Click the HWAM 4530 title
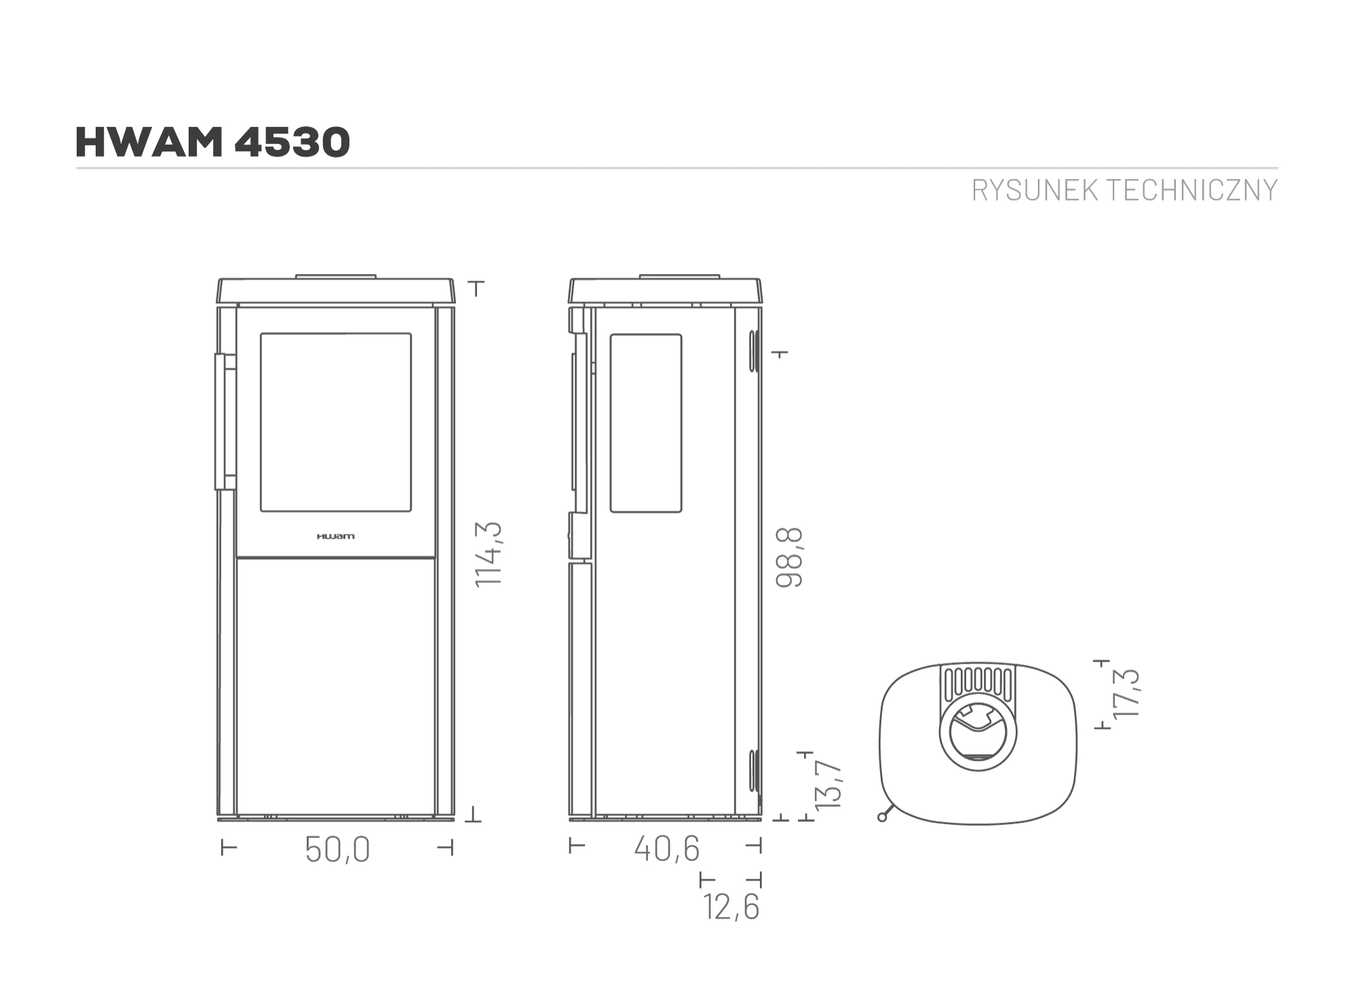pos(213,142)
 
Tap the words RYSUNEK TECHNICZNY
pos(1124,191)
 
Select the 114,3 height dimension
pos(489,554)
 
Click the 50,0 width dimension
pos(337,849)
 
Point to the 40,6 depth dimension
pos(666,849)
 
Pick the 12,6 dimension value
pos(731,907)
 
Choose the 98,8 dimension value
pos(790,557)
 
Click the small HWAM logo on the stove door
pos(335,537)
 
